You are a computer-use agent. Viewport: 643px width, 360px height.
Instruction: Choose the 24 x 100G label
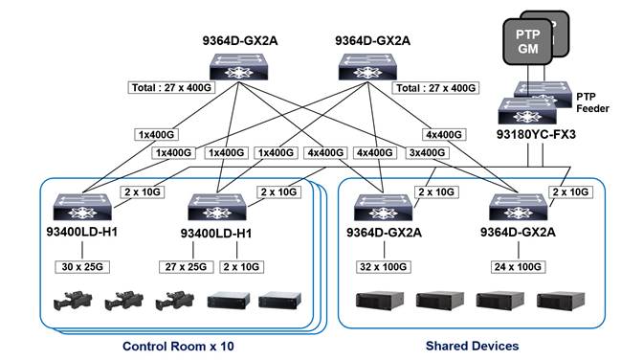(517, 264)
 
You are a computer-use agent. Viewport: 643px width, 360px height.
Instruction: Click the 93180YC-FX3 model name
(536, 137)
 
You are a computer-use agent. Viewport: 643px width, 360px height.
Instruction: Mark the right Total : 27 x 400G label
(435, 88)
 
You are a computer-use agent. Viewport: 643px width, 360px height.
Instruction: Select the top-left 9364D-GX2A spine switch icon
(238, 67)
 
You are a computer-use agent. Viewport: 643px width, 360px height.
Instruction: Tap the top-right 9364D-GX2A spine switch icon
(369, 67)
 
